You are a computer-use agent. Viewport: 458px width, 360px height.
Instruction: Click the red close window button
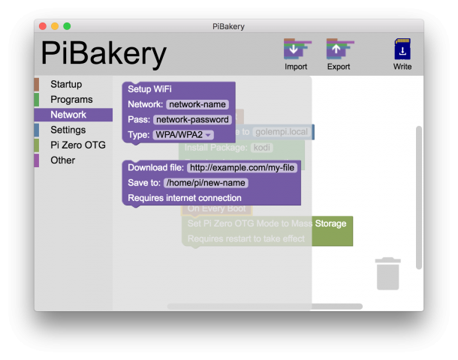pos(43,26)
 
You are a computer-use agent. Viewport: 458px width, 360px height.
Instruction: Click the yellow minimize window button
pos(55,26)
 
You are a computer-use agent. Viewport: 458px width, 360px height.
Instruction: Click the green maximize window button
pos(67,26)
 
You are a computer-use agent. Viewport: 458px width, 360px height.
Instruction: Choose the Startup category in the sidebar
pos(66,84)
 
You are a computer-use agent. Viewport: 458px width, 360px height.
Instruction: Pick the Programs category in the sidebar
pos(71,99)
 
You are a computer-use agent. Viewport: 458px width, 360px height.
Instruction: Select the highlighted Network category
pos(68,115)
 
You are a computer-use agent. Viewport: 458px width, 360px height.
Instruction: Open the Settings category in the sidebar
pos(68,130)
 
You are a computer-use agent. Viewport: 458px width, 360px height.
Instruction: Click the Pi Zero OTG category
pos(78,145)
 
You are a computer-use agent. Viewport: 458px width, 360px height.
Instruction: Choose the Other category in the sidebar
pos(62,160)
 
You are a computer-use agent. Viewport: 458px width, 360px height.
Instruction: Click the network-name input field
pos(197,104)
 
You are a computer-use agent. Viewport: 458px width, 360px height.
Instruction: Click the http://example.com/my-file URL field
pos(242,167)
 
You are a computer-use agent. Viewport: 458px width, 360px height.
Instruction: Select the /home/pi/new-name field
pos(205,182)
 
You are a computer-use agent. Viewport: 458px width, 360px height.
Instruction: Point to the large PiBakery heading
pos(104,53)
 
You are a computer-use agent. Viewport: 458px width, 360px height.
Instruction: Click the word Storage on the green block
pos(330,223)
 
